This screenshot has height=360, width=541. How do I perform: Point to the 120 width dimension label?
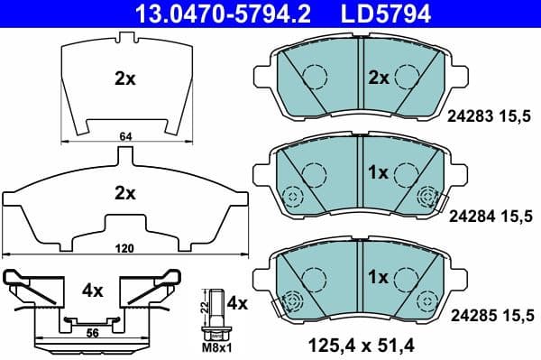pyautogui.click(x=124, y=246)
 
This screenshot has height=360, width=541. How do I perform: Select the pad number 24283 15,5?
pyautogui.click(x=491, y=115)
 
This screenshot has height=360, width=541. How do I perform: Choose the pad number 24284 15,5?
pyautogui.click(x=491, y=217)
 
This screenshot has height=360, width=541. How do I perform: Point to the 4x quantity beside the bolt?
pyautogui.click(x=236, y=303)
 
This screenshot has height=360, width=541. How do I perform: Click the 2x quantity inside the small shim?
pyautogui.click(x=124, y=78)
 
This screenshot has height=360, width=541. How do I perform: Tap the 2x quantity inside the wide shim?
pyautogui.click(x=124, y=192)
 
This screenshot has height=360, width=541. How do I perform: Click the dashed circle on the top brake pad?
pyautogui.click(x=313, y=78)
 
